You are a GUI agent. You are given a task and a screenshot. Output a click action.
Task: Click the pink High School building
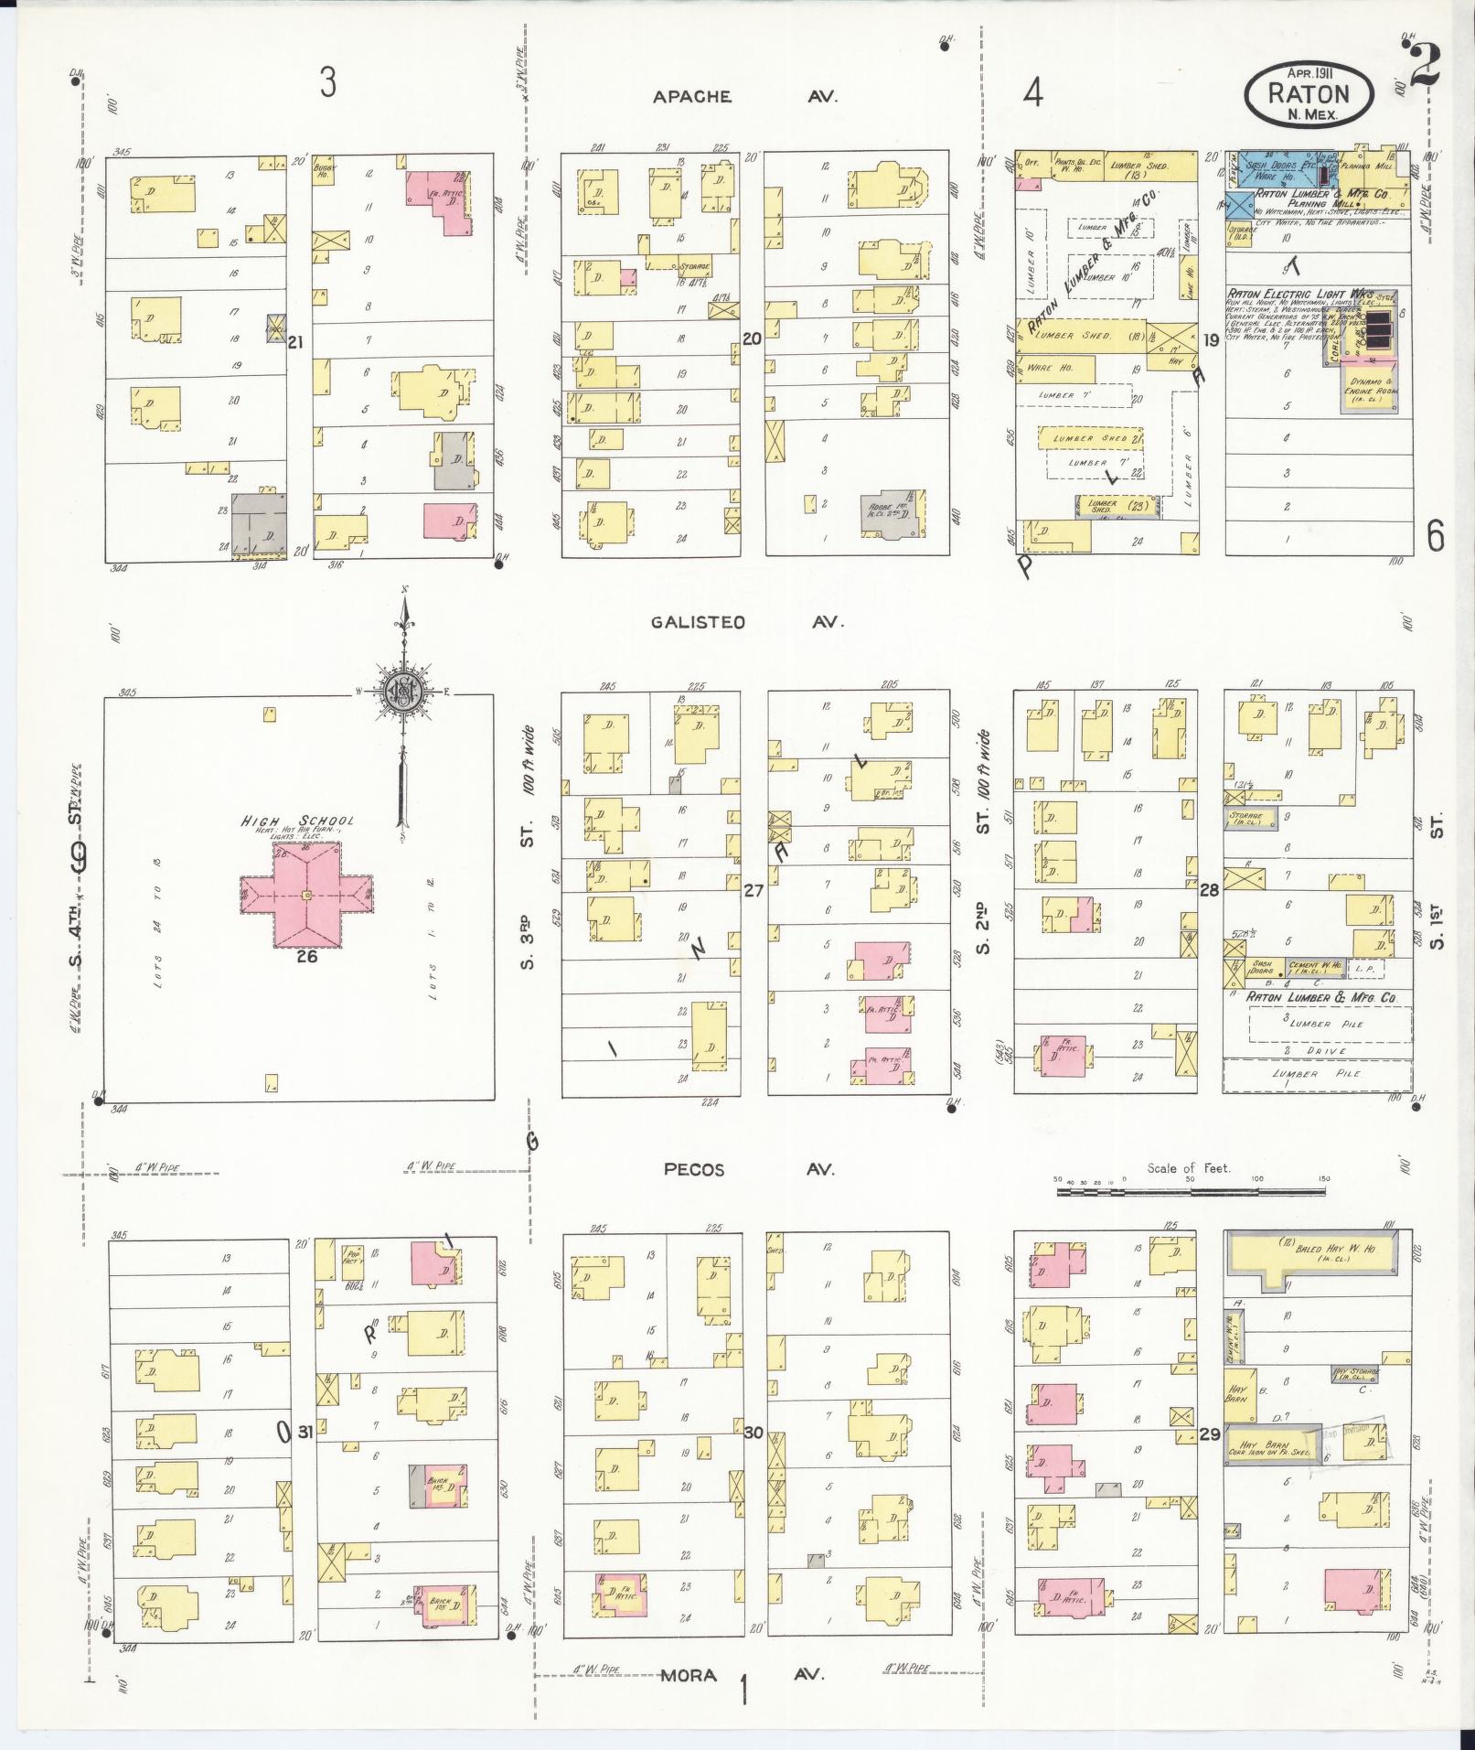306,894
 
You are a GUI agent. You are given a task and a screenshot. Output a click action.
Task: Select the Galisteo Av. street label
746,623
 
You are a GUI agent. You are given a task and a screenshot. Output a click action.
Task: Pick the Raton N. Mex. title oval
1309,95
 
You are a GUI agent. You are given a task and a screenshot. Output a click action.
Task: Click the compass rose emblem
401,692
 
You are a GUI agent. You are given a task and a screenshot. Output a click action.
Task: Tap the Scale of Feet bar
1189,1191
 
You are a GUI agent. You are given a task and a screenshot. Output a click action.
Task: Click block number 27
753,888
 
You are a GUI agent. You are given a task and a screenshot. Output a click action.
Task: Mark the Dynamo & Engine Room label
1369,387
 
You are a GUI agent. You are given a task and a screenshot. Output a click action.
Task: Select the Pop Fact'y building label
353,1256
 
